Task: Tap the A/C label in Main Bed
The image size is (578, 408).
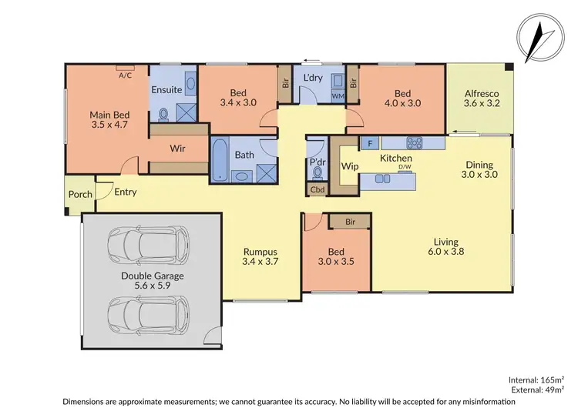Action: point(125,75)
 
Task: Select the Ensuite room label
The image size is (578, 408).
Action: point(166,89)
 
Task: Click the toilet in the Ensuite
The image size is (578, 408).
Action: point(163,115)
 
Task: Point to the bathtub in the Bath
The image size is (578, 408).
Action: point(219,160)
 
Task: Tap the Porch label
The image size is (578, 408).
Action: point(79,195)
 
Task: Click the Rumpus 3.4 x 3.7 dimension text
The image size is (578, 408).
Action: point(260,261)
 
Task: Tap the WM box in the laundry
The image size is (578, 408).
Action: point(338,96)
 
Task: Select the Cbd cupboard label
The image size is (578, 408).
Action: point(317,189)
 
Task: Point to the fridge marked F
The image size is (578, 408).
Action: point(370,143)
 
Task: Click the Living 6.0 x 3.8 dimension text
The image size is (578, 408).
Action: point(451,245)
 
